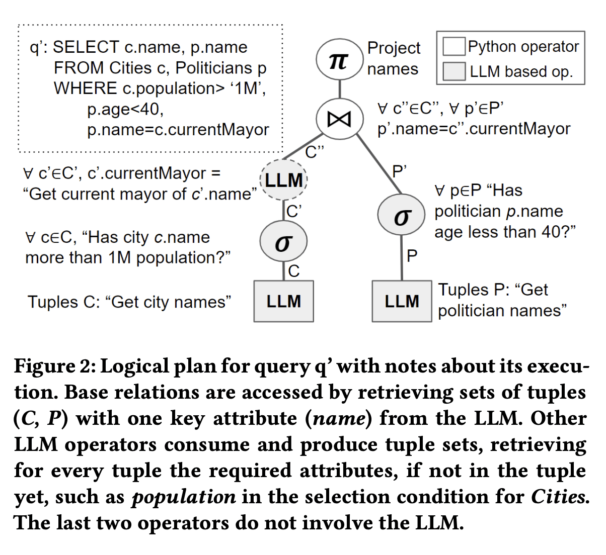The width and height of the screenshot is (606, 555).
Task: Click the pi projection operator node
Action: [x=339, y=60]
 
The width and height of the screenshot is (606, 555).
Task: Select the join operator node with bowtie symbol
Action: [x=339, y=119]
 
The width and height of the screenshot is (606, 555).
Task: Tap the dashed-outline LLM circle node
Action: [x=284, y=180]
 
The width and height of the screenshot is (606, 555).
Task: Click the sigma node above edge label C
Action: [x=283, y=242]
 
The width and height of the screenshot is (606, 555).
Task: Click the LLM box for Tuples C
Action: [x=284, y=301]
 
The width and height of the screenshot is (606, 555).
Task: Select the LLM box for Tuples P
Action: [x=402, y=301]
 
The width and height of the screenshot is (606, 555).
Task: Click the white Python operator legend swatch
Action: [x=453, y=47]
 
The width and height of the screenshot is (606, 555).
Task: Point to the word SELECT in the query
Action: [x=86, y=47]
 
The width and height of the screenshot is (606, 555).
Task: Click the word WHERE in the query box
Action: [x=86, y=88]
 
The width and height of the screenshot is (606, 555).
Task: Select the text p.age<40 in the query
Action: [x=125, y=109]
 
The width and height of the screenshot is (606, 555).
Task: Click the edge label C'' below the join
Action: [x=315, y=151]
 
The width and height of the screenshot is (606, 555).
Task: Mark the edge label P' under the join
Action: [x=399, y=171]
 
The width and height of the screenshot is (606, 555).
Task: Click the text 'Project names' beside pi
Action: [x=393, y=58]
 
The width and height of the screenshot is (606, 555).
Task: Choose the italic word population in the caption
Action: [x=184, y=497]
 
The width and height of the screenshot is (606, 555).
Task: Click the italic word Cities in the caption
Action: [x=559, y=497]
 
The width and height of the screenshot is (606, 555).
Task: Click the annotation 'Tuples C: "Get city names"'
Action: [x=129, y=302]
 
